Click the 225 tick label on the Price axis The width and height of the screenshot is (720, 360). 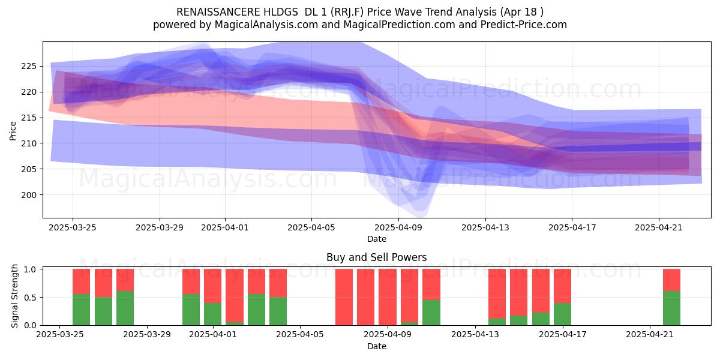tap(29, 67)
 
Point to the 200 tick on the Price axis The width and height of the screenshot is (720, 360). tap(29, 195)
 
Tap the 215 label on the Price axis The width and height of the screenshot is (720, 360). tap(29, 118)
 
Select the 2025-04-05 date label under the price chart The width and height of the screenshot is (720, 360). tap(311, 227)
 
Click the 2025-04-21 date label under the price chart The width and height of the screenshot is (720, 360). tap(659, 227)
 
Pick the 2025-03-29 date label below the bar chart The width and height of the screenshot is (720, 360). tap(147, 334)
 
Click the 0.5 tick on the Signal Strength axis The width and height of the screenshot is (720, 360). tap(31, 298)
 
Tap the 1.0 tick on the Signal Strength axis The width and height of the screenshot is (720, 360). tap(31, 269)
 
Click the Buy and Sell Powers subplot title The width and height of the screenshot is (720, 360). tap(377, 257)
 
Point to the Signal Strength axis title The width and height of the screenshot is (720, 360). tap(14, 296)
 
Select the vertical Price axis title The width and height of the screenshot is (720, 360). tap(13, 131)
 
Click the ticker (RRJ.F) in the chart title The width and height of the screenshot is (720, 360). tap(349, 12)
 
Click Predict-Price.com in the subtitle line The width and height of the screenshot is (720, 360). tap(524, 25)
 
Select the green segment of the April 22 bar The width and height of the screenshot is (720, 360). tap(671, 308)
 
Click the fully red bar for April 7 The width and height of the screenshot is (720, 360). tap(344, 297)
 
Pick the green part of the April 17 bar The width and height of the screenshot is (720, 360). tap(562, 314)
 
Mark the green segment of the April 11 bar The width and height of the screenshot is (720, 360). tap(431, 313)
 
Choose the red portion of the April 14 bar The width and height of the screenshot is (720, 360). tap(497, 293)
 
